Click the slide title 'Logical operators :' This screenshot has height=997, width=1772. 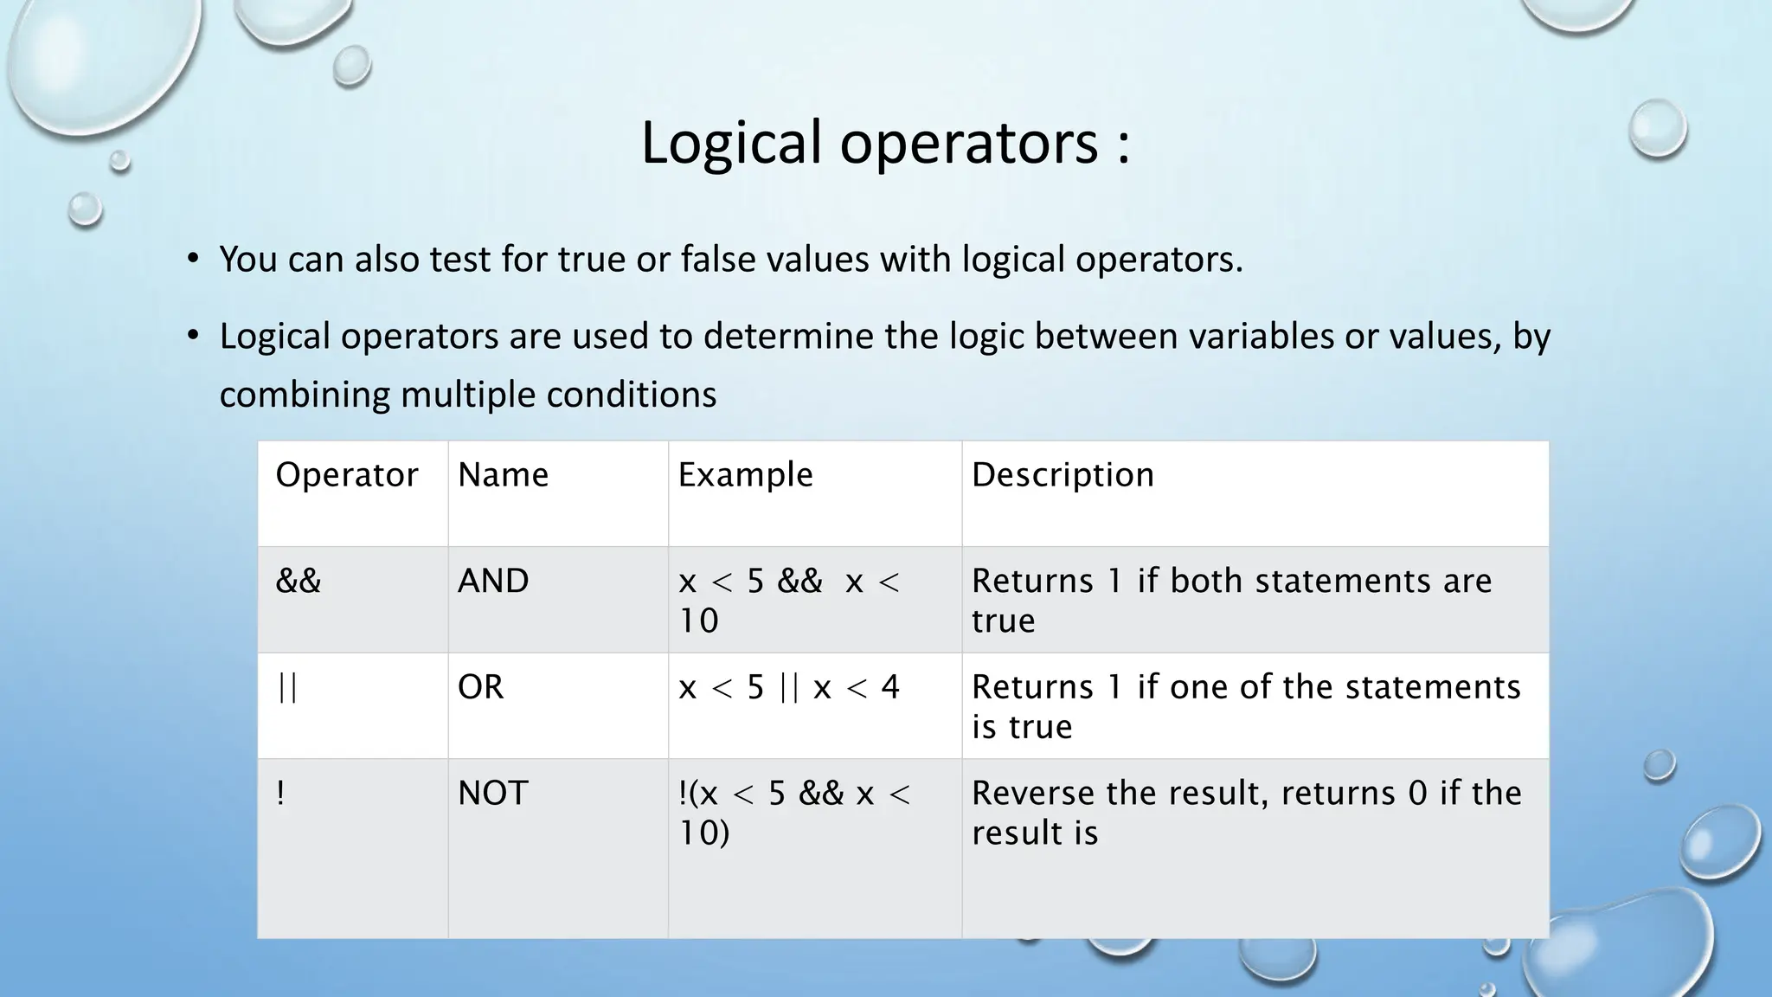click(x=884, y=143)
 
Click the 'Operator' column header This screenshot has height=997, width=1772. click(x=346, y=475)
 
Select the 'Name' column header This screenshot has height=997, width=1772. click(x=503, y=475)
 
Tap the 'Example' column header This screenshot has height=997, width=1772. click(x=745, y=475)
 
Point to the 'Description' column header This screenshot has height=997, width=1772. click(x=1063, y=475)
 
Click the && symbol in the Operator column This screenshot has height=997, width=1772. click(x=298, y=581)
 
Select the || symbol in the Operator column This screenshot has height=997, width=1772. click(x=287, y=687)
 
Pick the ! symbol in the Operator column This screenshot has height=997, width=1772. click(x=280, y=794)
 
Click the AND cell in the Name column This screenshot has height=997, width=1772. click(x=493, y=581)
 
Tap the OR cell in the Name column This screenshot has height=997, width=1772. click(x=480, y=687)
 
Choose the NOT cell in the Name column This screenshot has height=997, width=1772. click(x=492, y=794)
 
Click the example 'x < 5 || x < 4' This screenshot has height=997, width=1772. click(x=789, y=687)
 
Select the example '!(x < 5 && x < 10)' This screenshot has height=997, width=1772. click(x=793, y=813)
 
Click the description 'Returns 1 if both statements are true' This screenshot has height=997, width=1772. click(x=1230, y=600)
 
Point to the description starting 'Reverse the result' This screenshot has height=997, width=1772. click(x=1245, y=813)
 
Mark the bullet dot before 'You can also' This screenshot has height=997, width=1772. click(x=193, y=259)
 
